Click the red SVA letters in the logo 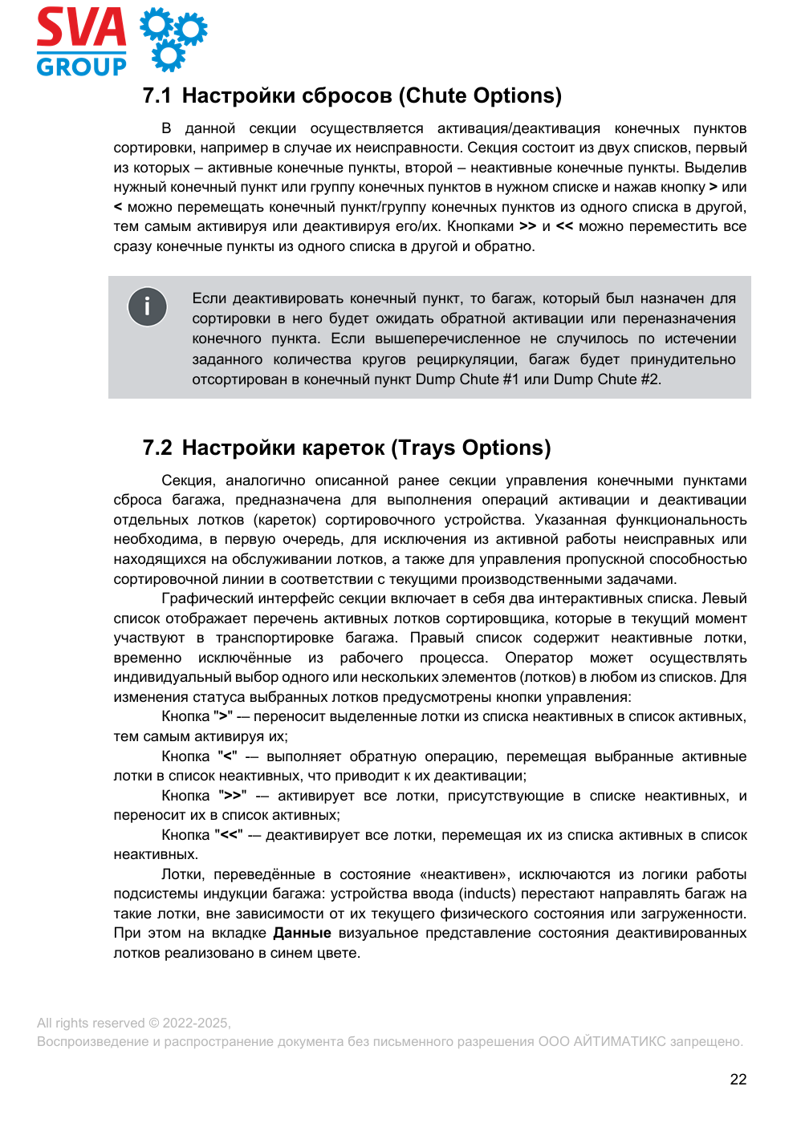(81, 28)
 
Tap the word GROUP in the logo (81, 67)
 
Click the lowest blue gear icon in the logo (169, 57)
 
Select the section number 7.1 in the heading (157, 96)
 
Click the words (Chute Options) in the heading (483, 96)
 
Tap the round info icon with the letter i (147, 306)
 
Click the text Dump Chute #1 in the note (467, 379)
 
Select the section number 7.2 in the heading (157, 448)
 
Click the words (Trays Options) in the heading (471, 448)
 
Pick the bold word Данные (302, 933)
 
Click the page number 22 (738, 1080)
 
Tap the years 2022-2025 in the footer (196, 1023)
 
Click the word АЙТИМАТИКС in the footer (619, 1041)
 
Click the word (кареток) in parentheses (287, 520)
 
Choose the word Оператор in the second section (539, 658)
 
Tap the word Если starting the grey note (209, 298)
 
